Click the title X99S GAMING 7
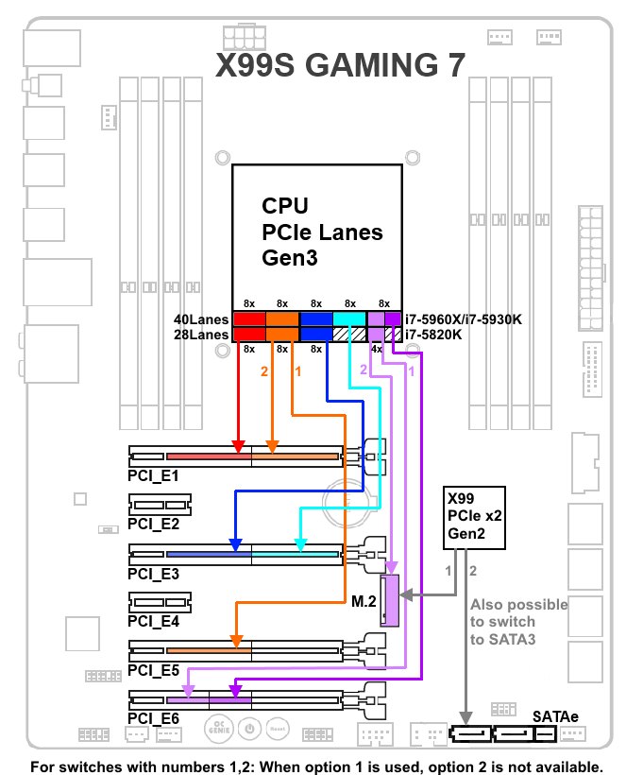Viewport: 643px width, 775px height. [x=341, y=64]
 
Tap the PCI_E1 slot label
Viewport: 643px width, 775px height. [x=154, y=474]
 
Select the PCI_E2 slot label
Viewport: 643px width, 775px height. [x=154, y=524]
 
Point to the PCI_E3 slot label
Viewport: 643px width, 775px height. [x=154, y=573]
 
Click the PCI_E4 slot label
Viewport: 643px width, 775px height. [x=154, y=622]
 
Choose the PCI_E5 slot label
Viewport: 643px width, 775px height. [x=154, y=670]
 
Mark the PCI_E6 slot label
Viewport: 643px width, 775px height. [x=154, y=719]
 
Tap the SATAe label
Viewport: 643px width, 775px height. [x=558, y=718]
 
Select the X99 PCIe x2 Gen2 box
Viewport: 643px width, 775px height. [x=475, y=518]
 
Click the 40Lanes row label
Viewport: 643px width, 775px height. [x=202, y=319]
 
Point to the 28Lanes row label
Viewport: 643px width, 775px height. [x=202, y=335]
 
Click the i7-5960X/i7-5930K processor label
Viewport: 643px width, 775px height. [x=464, y=319]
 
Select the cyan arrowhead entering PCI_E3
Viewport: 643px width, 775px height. [x=300, y=544]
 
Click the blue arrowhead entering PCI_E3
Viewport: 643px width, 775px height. [x=236, y=544]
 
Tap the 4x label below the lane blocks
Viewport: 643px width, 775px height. [x=376, y=350]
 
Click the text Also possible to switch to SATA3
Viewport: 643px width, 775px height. [x=517, y=622]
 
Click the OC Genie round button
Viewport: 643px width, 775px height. [x=218, y=729]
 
